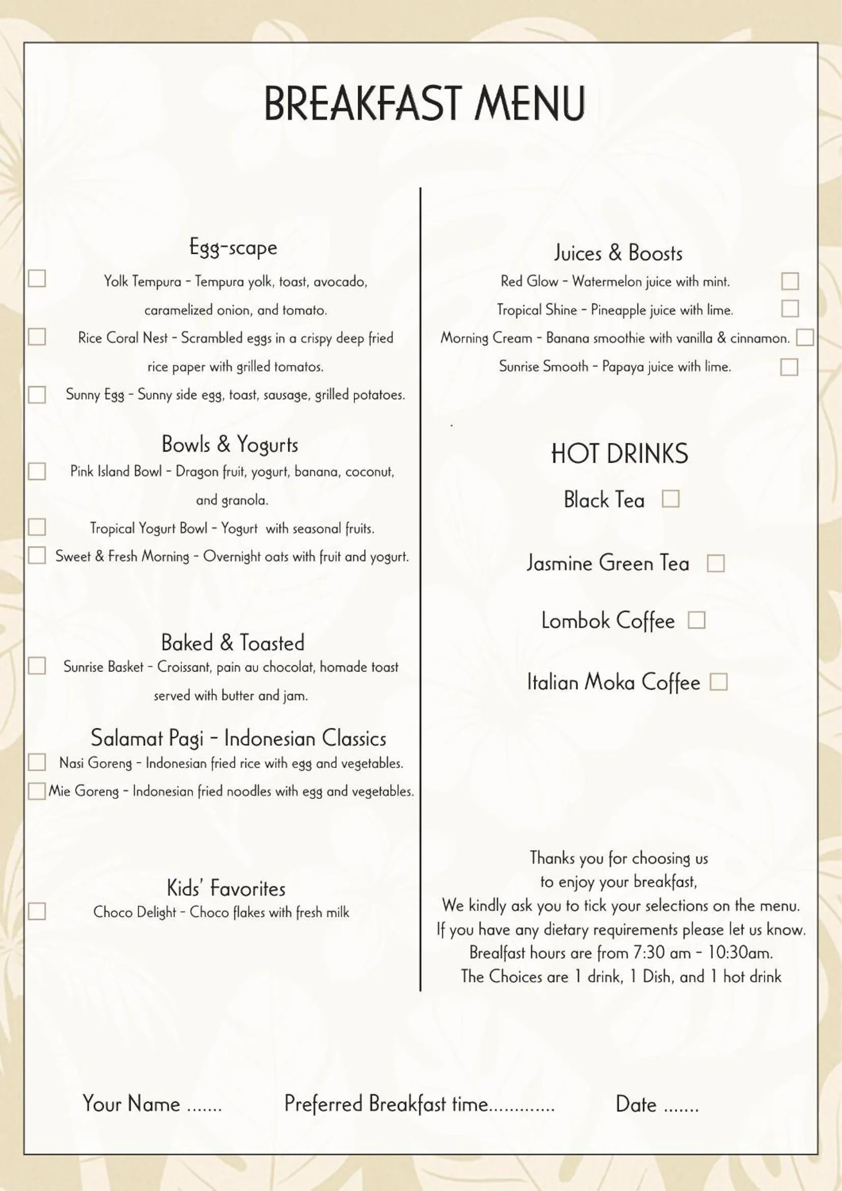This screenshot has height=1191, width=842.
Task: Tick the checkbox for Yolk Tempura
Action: (37, 279)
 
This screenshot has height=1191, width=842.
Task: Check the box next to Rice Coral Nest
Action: (37, 337)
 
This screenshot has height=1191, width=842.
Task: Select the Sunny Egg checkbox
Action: (37, 395)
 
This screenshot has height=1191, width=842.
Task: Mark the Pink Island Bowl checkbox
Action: (37, 471)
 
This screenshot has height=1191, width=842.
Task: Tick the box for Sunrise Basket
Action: (37, 665)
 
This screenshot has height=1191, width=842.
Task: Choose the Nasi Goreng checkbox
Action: (37, 762)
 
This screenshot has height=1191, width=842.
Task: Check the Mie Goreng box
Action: (37, 791)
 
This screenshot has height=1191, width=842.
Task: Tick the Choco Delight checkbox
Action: (37, 911)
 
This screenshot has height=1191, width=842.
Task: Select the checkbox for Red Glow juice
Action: (790, 281)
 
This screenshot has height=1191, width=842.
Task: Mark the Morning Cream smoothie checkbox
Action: (805, 338)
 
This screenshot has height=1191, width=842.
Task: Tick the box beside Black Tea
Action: (670, 499)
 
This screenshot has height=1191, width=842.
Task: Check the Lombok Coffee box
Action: (696, 620)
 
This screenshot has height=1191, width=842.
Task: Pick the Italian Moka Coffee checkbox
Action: (718, 682)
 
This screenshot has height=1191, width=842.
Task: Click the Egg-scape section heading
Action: (233, 248)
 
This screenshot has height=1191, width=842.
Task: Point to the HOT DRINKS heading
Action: (619, 453)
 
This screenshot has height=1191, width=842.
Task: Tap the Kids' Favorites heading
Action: (226, 888)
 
